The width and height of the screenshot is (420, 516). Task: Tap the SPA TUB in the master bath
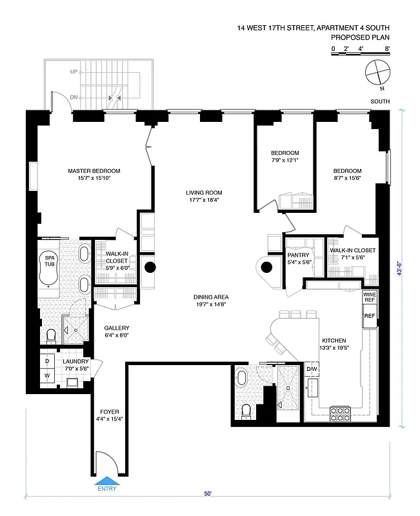(49, 267)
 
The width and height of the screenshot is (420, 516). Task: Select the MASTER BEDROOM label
(94, 171)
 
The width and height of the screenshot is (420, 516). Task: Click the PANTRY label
(299, 255)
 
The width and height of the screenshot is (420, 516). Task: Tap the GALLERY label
(117, 327)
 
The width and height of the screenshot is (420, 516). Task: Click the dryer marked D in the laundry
(46, 362)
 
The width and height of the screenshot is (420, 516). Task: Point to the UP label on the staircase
(74, 71)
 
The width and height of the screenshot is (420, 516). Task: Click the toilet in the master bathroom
(52, 335)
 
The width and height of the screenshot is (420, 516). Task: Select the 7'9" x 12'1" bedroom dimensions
(285, 161)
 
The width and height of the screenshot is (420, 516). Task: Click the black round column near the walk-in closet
(150, 268)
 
